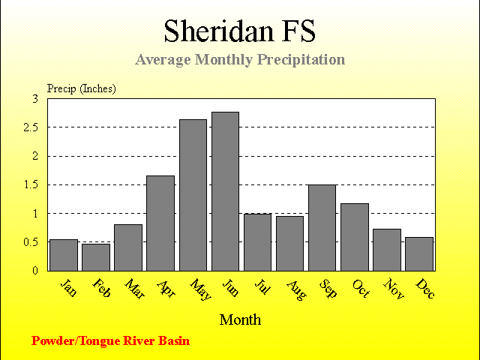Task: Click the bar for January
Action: point(64,255)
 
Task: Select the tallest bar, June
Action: point(225,192)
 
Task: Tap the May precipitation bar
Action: point(193,195)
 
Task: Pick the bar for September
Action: point(322,228)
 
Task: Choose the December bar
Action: point(419,254)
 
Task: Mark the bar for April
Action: point(160,223)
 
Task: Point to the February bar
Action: point(96,257)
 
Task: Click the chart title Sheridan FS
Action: point(240,31)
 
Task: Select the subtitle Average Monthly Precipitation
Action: point(240,60)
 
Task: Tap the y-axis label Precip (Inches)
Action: point(82,88)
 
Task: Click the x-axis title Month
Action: point(240,320)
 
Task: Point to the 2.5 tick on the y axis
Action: point(31,127)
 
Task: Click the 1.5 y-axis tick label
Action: point(31,185)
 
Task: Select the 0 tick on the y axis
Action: point(35,271)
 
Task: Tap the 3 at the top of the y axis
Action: point(35,99)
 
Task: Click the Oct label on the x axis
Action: point(361,288)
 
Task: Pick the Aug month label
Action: point(296,290)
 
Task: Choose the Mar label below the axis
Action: point(135,288)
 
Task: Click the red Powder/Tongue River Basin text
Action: point(110,341)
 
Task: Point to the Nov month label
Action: point(394,288)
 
